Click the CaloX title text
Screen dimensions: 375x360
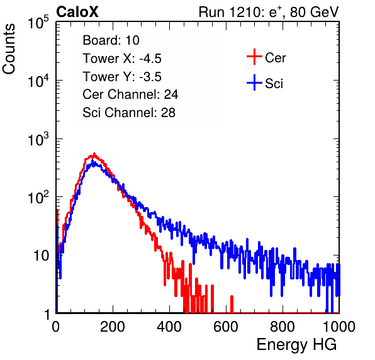(77, 12)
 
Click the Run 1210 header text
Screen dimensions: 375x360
(269, 12)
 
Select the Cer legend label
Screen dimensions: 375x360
(275, 58)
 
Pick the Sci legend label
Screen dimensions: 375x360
(274, 84)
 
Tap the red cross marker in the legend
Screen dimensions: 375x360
(254, 57)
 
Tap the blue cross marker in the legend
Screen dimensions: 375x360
(254, 82)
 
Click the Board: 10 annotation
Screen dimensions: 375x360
(111, 40)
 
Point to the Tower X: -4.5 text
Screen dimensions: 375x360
(122, 59)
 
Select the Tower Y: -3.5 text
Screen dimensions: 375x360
(122, 77)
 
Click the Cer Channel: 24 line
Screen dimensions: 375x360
(130, 94)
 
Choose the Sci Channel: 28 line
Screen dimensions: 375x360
(129, 113)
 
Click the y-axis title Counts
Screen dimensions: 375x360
(9, 49)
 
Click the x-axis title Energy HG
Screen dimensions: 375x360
(296, 345)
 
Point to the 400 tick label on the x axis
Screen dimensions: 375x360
(169, 327)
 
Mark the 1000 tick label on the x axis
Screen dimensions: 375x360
(339, 327)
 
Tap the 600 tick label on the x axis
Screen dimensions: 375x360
(226, 327)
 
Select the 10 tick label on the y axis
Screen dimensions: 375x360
(41, 256)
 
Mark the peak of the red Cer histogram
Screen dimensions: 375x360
(94, 154)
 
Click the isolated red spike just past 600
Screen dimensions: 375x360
(232, 304)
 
